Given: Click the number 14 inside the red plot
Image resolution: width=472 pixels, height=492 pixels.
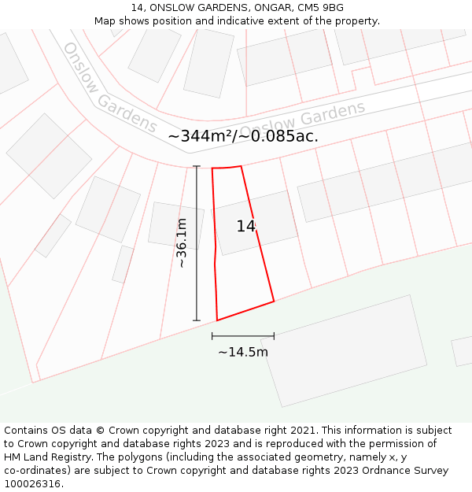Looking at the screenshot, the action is (x=245, y=227).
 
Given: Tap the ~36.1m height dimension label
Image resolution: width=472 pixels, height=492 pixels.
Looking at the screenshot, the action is (x=182, y=243).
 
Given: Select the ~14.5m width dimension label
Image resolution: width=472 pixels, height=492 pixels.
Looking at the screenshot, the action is (x=243, y=352).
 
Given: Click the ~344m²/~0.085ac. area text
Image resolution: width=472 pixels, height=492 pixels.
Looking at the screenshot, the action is (x=243, y=136).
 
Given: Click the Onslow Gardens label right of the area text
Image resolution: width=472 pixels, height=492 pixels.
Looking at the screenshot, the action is (x=303, y=121).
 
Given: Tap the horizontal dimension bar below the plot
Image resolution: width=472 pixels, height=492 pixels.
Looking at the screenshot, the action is (x=243, y=336).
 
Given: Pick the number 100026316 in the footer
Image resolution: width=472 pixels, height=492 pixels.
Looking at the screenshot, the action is (x=31, y=483).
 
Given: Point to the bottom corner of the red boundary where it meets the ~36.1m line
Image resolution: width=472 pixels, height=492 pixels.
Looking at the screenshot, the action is (x=217, y=320).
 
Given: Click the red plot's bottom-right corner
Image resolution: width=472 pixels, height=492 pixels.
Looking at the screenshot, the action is (x=274, y=301).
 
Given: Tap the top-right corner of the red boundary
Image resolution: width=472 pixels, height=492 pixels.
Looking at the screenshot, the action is (x=241, y=166).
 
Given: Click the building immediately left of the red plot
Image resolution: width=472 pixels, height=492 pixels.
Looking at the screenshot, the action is (x=176, y=226).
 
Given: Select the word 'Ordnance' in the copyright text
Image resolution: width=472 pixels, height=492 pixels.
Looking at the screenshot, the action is (x=383, y=470).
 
